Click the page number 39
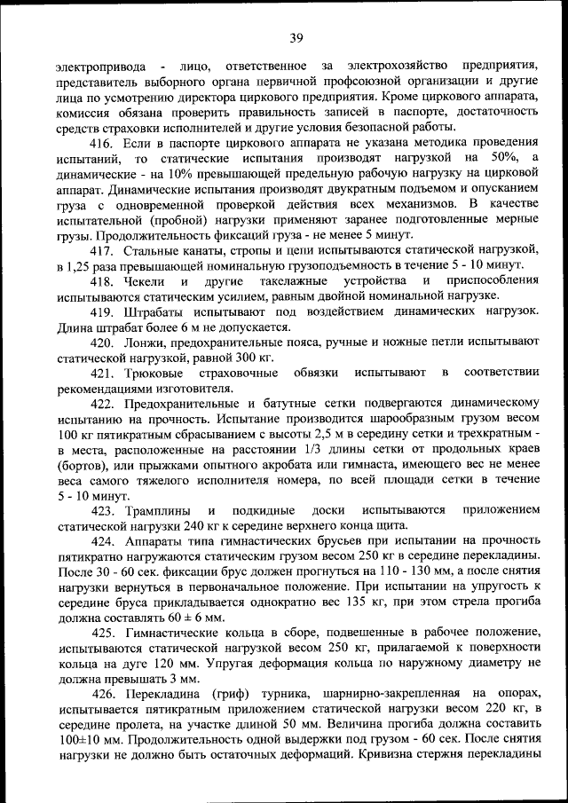tap(296, 36)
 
